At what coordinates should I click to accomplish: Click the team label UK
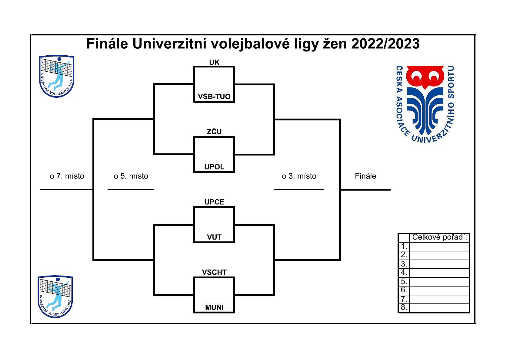214,62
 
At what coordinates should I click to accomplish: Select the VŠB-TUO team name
214,97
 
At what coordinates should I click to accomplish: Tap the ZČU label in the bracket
214,132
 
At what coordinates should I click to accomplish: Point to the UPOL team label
214,167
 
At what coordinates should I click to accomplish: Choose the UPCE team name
214,202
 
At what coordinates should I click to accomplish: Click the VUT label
214,237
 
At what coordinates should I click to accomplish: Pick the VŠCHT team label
214,272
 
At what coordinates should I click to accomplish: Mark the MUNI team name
214,307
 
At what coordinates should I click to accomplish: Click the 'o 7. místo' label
67,176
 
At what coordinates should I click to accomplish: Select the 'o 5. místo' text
131,176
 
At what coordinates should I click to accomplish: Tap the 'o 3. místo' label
299,176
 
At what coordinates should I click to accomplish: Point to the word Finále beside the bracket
365,176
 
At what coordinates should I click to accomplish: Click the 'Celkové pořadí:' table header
439,237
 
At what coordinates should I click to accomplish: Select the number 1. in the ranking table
404,246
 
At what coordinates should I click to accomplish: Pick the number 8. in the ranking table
404,308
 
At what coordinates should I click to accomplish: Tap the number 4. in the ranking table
404,272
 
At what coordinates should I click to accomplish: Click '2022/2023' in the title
385,44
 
